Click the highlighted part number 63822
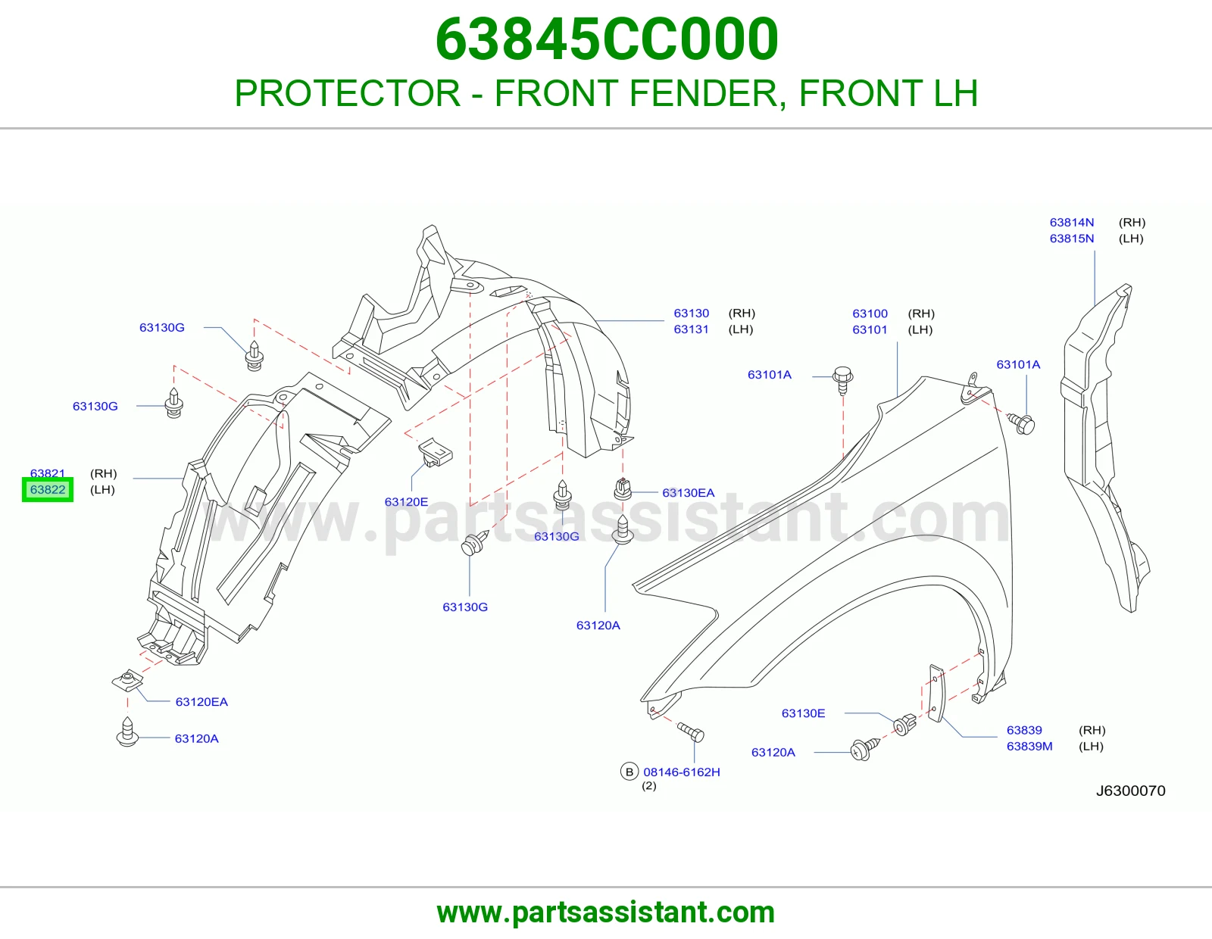[x=48, y=490]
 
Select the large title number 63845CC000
[x=606, y=39]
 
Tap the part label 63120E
[x=406, y=502]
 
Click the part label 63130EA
[x=689, y=493]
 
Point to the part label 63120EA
[x=201, y=702]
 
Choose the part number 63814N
[x=1071, y=223]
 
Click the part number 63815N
[x=1071, y=239]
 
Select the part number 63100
[x=870, y=314]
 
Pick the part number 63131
[x=691, y=329]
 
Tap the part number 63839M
[x=1029, y=746]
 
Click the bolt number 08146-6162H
[x=682, y=772]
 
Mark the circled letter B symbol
[x=629, y=772]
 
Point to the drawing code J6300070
[x=1130, y=791]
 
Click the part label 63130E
[x=803, y=713]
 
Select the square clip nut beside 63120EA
[x=128, y=680]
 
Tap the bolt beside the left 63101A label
[x=843, y=379]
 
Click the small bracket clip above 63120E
[x=435, y=451]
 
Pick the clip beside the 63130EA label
[x=623, y=489]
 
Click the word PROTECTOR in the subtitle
[x=348, y=93]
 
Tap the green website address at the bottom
[x=606, y=912]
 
